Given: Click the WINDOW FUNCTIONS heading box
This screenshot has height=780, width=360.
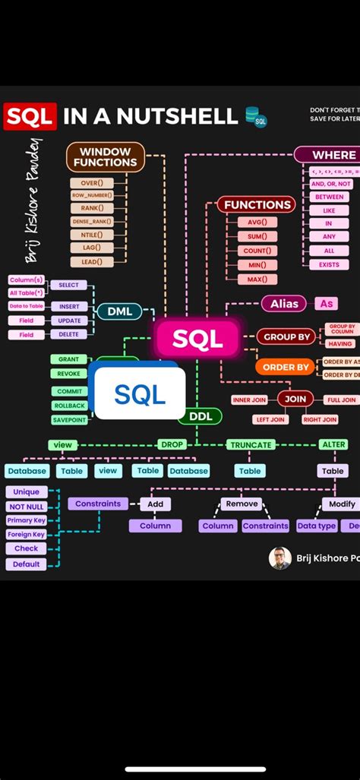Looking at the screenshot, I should tap(106, 156).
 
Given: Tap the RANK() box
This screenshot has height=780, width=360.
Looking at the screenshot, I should tap(93, 208).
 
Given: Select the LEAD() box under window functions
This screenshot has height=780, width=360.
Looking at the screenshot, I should tap(93, 261).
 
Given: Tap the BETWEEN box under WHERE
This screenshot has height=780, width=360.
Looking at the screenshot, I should tap(330, 197).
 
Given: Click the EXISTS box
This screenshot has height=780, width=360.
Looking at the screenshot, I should tap(330, 264).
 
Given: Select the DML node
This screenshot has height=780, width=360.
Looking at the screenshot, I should tap(119, 311).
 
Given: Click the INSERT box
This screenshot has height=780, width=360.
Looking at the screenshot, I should tap(69, 306).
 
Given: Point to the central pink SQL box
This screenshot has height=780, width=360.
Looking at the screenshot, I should tap(197, 339).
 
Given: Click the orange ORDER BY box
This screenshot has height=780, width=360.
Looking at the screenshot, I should tap(285, 367).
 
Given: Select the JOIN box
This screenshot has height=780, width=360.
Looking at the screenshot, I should tap(295, 398).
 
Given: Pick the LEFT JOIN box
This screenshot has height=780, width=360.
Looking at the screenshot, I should tap(271, 419).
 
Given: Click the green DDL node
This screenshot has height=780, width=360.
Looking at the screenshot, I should tap(200, 416).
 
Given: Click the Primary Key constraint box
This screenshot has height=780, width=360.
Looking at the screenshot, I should tap(26, 520).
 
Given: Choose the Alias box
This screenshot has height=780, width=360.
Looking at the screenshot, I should tap(284, 303).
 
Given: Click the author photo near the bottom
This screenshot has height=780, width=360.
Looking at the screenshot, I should tap(280, 558).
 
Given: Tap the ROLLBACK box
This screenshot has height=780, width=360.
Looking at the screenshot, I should tap(70, 406).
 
